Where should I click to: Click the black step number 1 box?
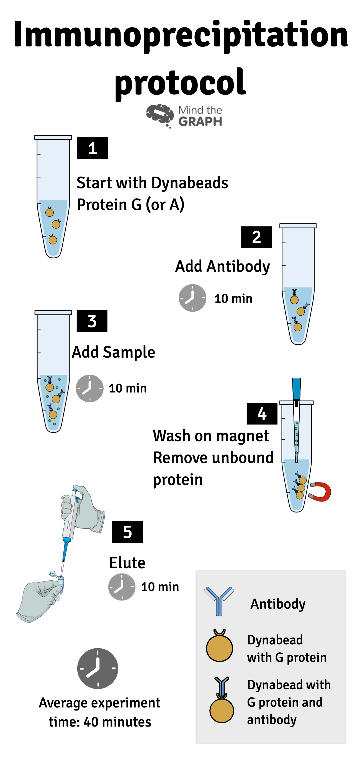point(92,148)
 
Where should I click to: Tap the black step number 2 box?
point(256,237)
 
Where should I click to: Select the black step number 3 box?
point(92,321)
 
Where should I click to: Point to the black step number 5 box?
point(127,532)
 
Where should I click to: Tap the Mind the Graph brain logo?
point(160,115)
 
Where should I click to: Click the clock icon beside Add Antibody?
point(192,298)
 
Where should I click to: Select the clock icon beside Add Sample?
point(89,388)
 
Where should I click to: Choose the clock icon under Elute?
point(122,587)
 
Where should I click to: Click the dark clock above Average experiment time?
point(97,668)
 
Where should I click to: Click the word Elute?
point(127,563)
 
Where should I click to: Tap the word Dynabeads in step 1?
point(190,183)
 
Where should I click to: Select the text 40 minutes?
point(117,722)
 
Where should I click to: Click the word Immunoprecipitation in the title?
point(181,35)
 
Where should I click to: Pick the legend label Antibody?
point(278,603)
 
